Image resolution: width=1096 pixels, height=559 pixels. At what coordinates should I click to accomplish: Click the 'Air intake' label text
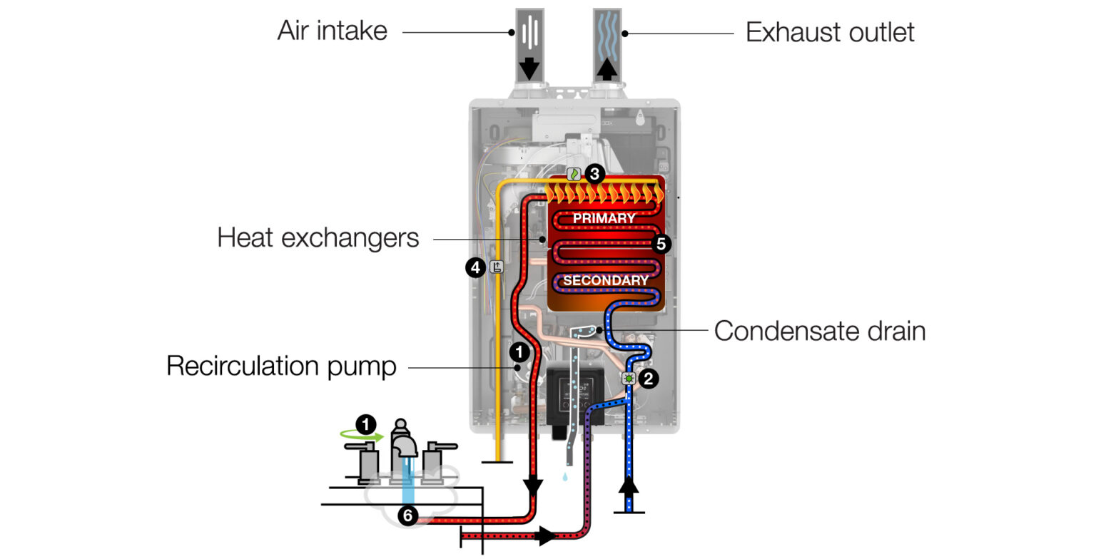pyautogui.click(x=332, y=31)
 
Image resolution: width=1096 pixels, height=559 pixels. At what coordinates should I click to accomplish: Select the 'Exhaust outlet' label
pyautogui.click(x=829, y=33)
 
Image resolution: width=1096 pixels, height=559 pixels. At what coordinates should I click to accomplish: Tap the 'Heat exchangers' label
pyautogui.click(x=318, y=237)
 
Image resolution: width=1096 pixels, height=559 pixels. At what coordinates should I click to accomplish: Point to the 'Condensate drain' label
pyautogui.click(x=819, y=331)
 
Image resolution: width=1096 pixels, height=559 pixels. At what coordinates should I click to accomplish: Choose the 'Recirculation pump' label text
pyautogui.click(x=281, y=366)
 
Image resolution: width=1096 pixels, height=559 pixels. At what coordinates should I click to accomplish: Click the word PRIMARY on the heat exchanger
pyautogui.click(x=604, y=218)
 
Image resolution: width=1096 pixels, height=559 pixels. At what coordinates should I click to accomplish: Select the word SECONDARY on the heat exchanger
pyautogui.click(x=605, y=280)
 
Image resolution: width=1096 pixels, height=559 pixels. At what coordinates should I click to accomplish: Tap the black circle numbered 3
pyautogui.click(x=594, y=173)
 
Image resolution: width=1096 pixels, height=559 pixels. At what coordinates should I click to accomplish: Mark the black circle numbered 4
pyautogui.click(x=475, y=268)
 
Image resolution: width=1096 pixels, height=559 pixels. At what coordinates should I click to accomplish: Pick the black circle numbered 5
pyautogui.click(x=661, y=244)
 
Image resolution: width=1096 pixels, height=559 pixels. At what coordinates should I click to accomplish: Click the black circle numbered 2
pyautogui.click(x=648, y=379)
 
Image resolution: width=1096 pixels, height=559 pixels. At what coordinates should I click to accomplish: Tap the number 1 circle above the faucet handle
pyautogui.click(x=366, y=426)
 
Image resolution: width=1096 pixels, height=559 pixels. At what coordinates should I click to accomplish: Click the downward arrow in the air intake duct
pyautogui.click(x=529, y=68)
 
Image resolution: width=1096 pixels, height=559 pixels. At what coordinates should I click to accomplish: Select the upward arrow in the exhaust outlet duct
pyautogui.click(x=607, y=68)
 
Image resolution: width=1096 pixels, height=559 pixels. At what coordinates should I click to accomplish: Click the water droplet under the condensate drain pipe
pyautogui.click(x=565, y=476)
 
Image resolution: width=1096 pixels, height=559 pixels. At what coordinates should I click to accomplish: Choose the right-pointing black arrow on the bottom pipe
pyautogui.click(x=547, y=535)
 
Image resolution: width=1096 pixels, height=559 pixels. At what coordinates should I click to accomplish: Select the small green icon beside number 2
pyautogui.click(x=629, y=379)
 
